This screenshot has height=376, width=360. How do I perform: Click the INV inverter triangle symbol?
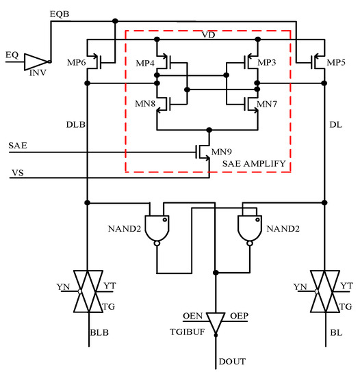tap(35, 62)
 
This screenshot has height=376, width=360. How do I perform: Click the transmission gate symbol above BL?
tap(322, 291)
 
